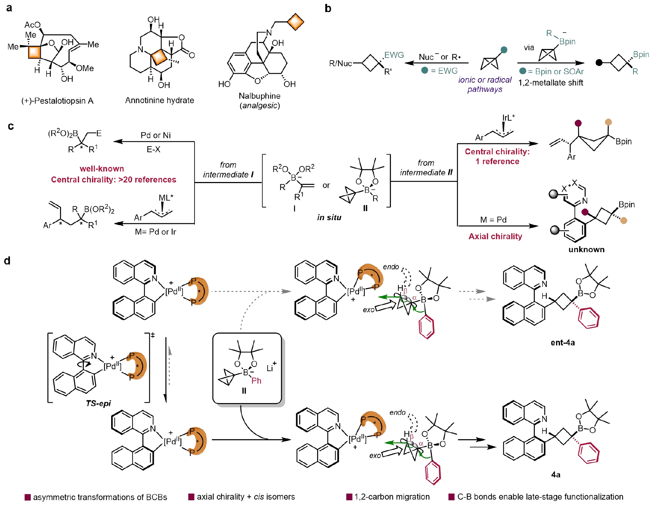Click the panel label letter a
9,8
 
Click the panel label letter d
7,261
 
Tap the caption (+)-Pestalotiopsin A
58,101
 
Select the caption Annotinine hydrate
159,100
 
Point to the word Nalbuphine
260,96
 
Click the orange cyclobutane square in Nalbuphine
295,22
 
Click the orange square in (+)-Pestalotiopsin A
34,53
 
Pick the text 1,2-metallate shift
550,83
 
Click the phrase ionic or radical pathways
485,84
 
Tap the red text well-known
102,169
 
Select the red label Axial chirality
495,236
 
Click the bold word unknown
586,249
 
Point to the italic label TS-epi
98,403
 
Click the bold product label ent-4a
563,342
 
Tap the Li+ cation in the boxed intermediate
271,367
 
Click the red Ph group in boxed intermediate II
256,381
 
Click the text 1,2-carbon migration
392,497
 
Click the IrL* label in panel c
509,118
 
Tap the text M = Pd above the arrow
493,220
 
